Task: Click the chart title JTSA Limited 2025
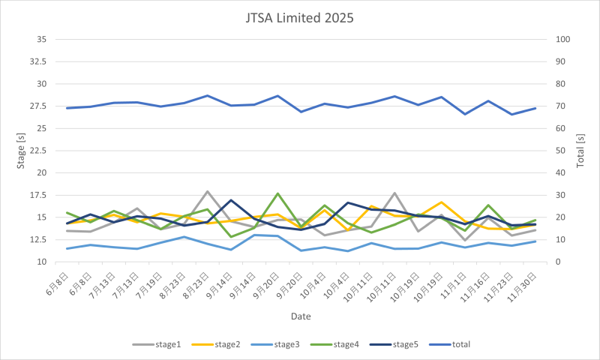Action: pos(300,16)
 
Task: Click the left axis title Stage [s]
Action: pos(20,150)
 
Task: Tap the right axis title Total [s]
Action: pos(581,150)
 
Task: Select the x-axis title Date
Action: pos(300,316)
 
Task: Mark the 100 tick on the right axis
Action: pos(563,39)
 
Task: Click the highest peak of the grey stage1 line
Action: pos(208,191)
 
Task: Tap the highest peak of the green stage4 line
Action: pos(277,193)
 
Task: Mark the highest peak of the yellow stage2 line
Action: pos(441,202)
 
